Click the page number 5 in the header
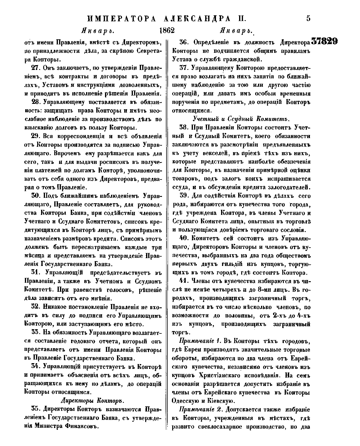tap(308, 18)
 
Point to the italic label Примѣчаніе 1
tap(200, 341)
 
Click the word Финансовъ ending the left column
tap(81, 426)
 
